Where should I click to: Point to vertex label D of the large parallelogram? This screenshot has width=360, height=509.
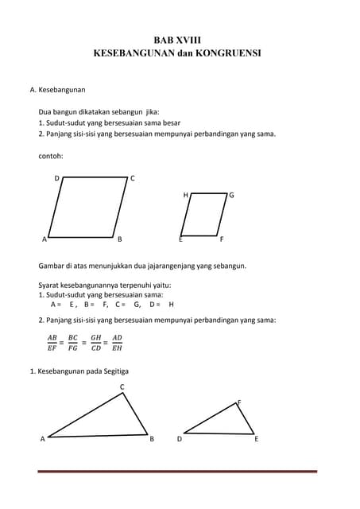pos(56,178)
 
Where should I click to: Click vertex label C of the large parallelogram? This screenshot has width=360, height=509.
pos(132,178)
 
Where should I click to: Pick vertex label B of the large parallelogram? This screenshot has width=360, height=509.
pos(119,239)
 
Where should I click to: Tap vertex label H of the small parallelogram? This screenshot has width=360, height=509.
pos(185,195)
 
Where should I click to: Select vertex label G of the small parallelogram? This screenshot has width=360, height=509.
pos(231,195)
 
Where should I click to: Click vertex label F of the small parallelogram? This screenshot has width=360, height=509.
pos(222,239)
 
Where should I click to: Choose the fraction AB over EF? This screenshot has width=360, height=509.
pos(52,342)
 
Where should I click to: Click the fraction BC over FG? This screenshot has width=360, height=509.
pos(73,342)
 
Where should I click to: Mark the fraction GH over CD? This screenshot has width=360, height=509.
pos(95,342)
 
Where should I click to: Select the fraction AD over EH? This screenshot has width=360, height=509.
pos(117,342)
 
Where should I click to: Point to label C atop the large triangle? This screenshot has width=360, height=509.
pos(122,387)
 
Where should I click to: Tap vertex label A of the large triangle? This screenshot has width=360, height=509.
pos(42,438)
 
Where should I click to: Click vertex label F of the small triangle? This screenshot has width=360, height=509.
pos(239,402)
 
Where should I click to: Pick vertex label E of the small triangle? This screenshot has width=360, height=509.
pos(256,438)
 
